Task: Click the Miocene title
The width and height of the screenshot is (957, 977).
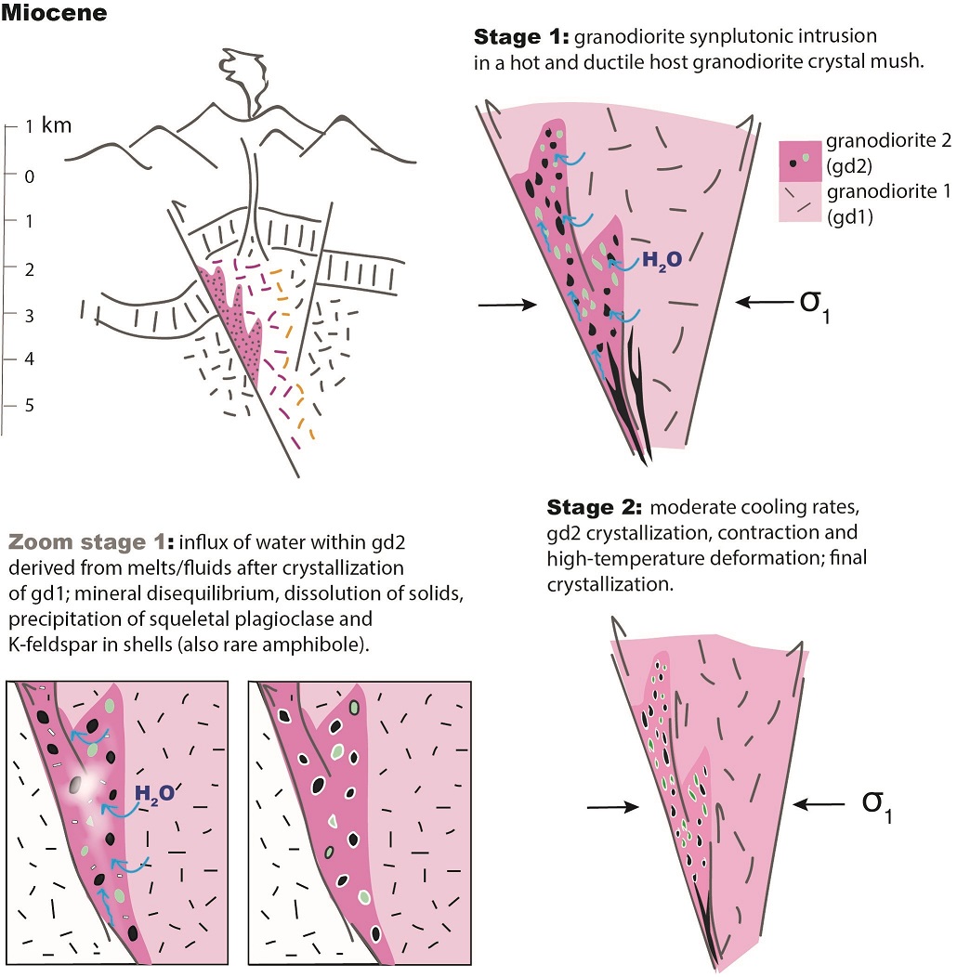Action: (55, 14)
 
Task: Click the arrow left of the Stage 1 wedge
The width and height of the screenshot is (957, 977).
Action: (506, 304)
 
